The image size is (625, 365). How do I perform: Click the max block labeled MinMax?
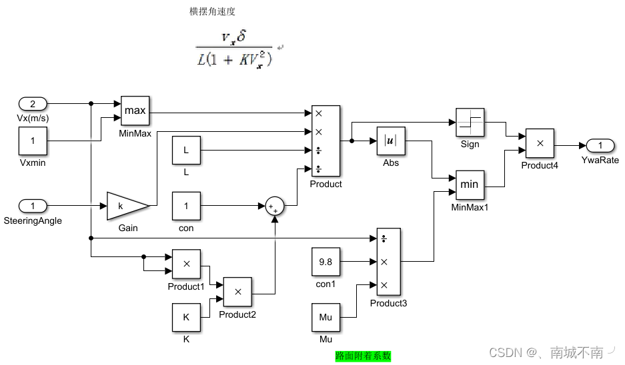[135, 111]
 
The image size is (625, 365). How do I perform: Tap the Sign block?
[470, 122]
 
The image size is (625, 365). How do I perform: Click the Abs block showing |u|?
[391, 141]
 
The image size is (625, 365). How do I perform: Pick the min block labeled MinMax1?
[470, 184]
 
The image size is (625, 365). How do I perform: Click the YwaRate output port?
[600, 146]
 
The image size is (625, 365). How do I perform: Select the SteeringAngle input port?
[33, 206]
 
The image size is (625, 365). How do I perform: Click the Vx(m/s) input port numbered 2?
[33, 103]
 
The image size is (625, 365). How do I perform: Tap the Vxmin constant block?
[33, 141]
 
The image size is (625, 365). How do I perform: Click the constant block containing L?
[187, 151]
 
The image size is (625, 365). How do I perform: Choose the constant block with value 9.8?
[326, 262]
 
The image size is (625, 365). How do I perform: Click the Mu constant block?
[326, 317]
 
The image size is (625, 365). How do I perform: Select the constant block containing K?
[187, 317]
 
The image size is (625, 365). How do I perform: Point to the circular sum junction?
[274, 206]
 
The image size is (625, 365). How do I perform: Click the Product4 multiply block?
[540, 143]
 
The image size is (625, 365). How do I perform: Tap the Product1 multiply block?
[187, 264]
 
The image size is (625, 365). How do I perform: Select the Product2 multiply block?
[237, 292]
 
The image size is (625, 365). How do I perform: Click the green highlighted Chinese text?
[363, 356]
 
